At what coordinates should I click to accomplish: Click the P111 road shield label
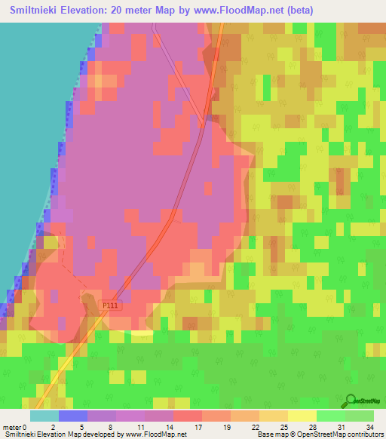110,305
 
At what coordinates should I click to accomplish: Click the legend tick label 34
369,426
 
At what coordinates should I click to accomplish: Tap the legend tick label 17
200,426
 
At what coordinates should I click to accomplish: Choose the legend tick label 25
284,426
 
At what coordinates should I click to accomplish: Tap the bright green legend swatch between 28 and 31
330,416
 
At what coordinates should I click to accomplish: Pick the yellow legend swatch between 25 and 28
302,416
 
